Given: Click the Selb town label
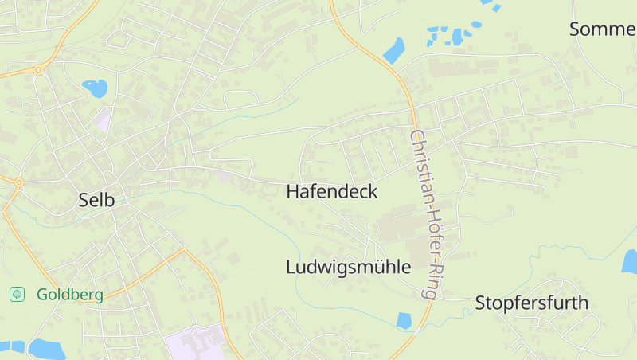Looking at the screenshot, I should tap(96, 200).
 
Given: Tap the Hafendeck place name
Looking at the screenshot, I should tap(331, 192).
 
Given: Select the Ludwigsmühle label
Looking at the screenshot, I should tap(348, 267).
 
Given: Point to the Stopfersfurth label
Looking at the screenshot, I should tap(531, 303).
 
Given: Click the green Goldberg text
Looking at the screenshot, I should tap(70, 295).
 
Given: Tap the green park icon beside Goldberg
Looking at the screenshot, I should tap(17, 295).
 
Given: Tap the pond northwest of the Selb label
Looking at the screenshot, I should tap(96, 88).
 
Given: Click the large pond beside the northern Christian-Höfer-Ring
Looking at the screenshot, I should tap(394, 50).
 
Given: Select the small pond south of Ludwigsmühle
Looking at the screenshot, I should tap(404, 320).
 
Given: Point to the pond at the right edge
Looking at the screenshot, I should tap(630, 261).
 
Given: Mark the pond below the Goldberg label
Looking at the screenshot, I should tap(46, 349).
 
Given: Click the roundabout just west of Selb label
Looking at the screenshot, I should tap(18, 182).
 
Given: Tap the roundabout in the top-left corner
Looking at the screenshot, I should tap(37, 70).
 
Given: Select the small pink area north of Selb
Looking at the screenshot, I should tap(101, 120).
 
